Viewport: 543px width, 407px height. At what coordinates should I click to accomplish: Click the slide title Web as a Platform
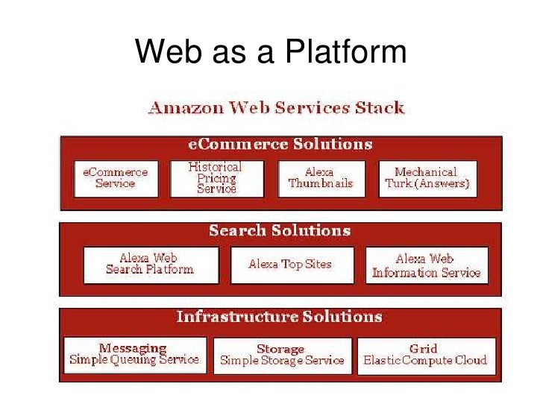(271, 52)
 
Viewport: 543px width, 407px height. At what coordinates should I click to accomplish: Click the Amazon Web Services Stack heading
(276, 108)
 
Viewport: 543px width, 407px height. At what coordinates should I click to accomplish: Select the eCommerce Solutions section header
(280, 145)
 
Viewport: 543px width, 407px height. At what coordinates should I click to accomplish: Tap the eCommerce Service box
(115, 178)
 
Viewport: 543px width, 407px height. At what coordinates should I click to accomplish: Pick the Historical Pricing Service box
(216, 178)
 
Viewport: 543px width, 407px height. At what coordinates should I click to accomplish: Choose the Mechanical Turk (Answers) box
(427, 178)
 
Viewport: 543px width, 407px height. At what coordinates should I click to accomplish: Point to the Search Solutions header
(280, 231)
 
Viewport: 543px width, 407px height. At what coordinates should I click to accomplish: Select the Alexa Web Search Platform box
(150, 265)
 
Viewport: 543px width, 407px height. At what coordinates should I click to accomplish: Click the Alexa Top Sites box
(290, 265)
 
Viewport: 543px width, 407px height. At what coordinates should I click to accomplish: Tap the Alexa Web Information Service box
(427, 265)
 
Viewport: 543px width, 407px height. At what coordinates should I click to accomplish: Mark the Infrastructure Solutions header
(280, 317)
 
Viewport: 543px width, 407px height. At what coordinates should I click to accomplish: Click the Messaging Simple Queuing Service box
(134, 355)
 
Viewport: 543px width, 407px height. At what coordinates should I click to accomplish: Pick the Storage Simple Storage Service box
(281, 355)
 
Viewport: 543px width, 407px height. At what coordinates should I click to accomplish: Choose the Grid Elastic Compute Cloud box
(425, 355)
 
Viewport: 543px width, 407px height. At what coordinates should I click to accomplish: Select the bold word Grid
(424, 348)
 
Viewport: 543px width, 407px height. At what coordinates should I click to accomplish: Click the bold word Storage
(280, 349)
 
